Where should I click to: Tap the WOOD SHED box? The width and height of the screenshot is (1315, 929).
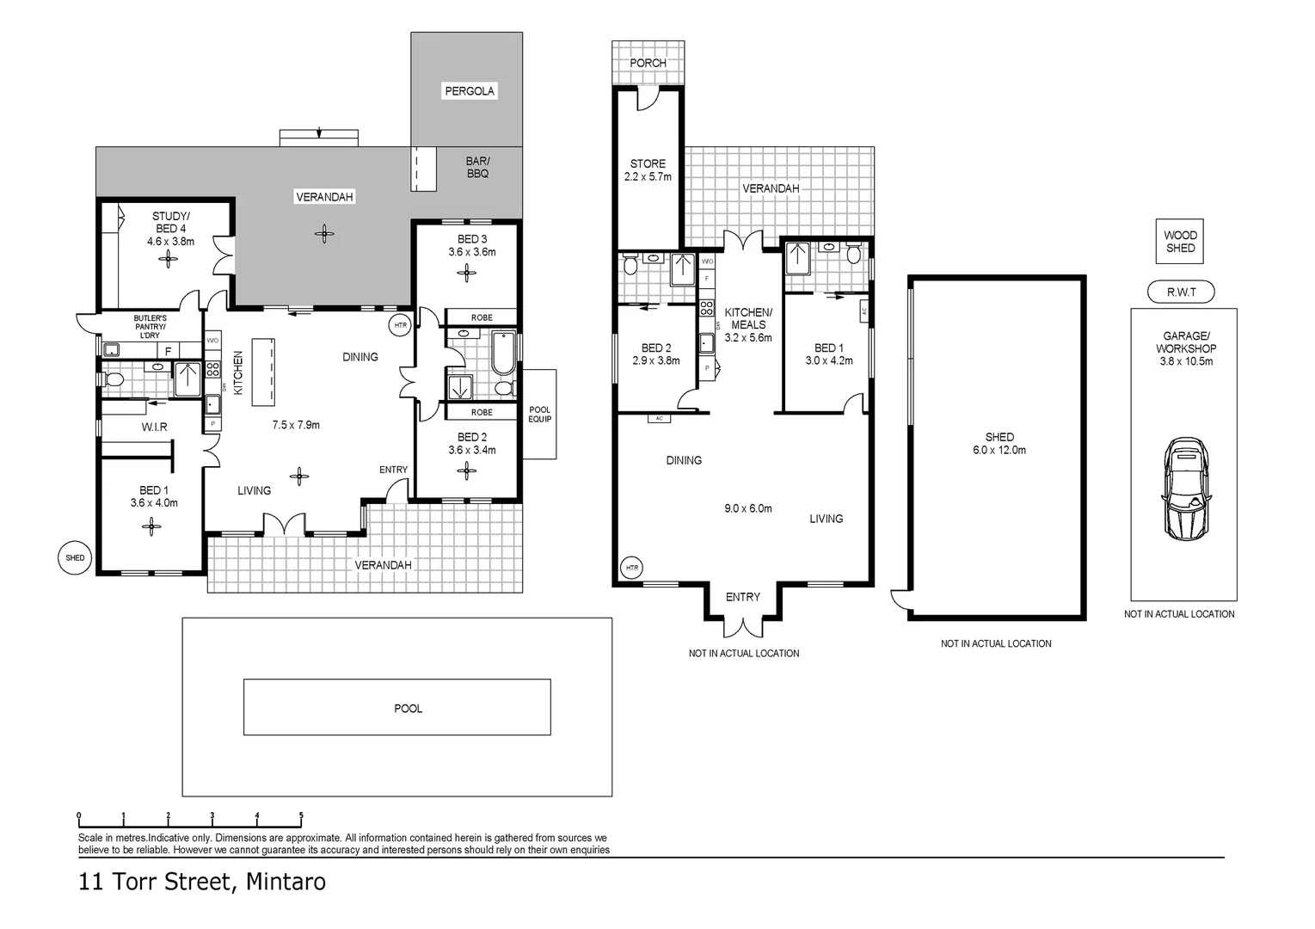1180,242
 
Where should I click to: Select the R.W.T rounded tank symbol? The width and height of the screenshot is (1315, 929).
1181,292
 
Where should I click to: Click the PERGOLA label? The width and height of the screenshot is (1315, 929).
469,91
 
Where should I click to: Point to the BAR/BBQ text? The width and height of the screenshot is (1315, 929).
478,167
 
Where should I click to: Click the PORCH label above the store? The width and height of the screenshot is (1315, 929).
648,63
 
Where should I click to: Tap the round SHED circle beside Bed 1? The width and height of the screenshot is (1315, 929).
75,557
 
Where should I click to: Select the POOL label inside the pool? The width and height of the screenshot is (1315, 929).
408,708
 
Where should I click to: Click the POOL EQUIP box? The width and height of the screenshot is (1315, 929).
539,414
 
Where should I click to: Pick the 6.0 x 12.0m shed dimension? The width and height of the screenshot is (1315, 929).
999,451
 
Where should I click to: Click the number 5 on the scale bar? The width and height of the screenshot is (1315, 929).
301,815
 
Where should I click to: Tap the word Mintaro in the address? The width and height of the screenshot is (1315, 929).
286,882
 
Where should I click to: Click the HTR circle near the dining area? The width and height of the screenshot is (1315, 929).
400,325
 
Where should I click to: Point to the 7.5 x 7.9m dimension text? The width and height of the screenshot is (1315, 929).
296,425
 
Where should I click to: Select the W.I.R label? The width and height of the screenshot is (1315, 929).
155,427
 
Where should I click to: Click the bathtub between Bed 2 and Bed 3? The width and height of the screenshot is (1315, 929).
503,354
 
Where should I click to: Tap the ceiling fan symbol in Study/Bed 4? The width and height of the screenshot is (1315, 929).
168,258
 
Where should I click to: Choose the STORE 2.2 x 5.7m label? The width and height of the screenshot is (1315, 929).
648,170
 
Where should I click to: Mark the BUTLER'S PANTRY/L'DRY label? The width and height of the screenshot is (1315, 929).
151,327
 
